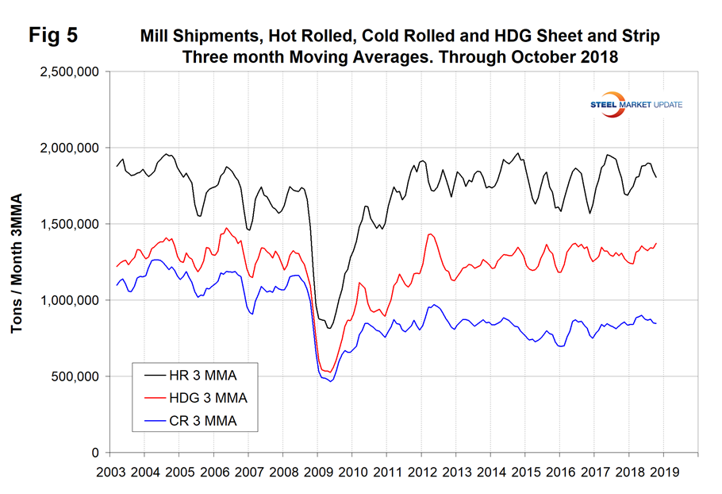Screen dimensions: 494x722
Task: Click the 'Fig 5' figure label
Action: (x=52, y=36)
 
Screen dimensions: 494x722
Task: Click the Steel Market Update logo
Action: (x=636, y=105)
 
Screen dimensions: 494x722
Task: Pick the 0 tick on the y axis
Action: (x=94, y=453)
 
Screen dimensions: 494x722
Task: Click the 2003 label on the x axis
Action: (x=110, y=471)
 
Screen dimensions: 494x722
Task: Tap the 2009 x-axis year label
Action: (x=317, y=471)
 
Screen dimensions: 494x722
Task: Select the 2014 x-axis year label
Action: (x=490, y=471)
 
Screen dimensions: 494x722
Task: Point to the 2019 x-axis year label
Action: (x=663, y=471)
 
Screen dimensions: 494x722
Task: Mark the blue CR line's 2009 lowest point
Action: (x=331, y=381)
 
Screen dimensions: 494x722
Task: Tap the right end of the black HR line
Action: (x=656, y=177)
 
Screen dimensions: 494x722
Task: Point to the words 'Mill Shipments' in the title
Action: (x=190, y=37)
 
